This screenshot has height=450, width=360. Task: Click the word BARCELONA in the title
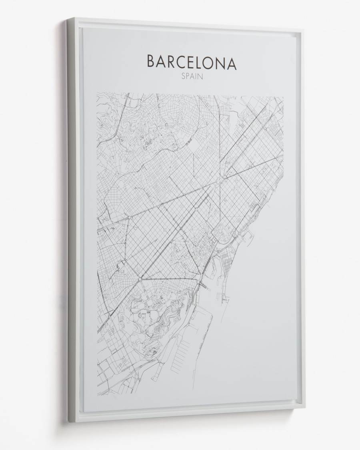192,62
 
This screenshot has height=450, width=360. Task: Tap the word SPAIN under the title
192,77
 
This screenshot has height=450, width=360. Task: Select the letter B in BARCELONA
151,62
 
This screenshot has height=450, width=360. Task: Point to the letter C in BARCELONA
183,62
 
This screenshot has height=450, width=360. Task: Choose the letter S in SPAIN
182,77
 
